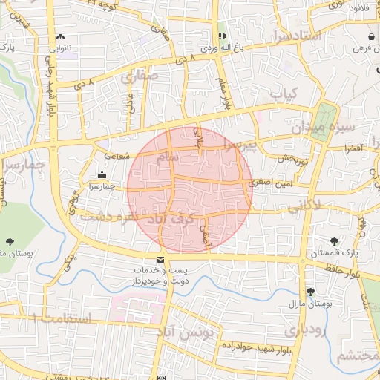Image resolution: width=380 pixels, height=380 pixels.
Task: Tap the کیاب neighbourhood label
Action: click(x=283, y=95)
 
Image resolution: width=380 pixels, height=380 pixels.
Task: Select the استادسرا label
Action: click(x=296, y=36)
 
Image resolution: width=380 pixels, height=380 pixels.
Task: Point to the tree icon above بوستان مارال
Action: click(x=309, y=292)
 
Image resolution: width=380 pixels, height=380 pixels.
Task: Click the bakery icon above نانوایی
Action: click(x=60, y=36)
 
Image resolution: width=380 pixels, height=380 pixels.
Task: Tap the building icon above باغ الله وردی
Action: click(x=221, y=36)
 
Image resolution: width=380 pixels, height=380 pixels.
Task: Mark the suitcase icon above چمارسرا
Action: click(x=102, y=175)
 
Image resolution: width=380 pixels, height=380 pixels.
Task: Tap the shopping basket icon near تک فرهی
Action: click(x=370, y=36)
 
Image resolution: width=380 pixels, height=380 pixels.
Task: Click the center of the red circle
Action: click(x=190, y=189)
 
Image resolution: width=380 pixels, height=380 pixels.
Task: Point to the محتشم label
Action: click(x=358, y=356)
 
